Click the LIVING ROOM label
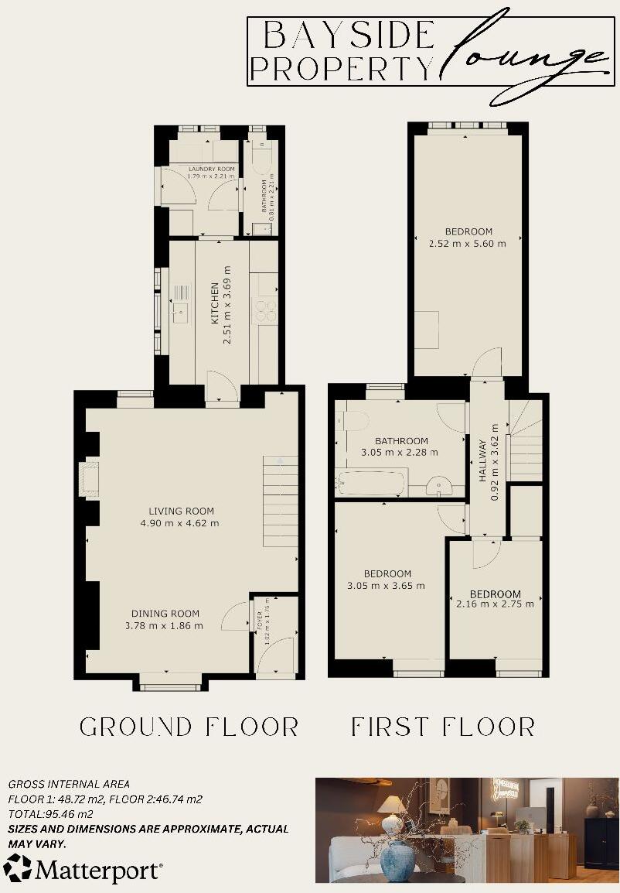[182, 511]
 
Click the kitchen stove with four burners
[266, 310]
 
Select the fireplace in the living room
[89, 477]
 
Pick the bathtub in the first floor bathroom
[370, 485]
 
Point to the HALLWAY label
[483, 461]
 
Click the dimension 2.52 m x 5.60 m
[468, 244]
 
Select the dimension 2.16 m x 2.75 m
[495, 604]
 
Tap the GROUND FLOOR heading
[189, 727]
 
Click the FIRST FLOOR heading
[443, 727]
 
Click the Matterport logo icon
[18, 869]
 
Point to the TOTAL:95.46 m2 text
[51, 814]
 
